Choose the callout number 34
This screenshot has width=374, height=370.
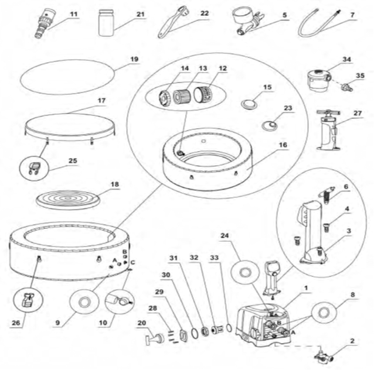(x=347, y=59)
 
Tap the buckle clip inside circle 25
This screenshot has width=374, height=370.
(x=33, y=168)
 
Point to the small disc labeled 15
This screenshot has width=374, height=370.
(x=250, y=104)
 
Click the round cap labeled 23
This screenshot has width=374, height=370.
(x=273, y=125)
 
